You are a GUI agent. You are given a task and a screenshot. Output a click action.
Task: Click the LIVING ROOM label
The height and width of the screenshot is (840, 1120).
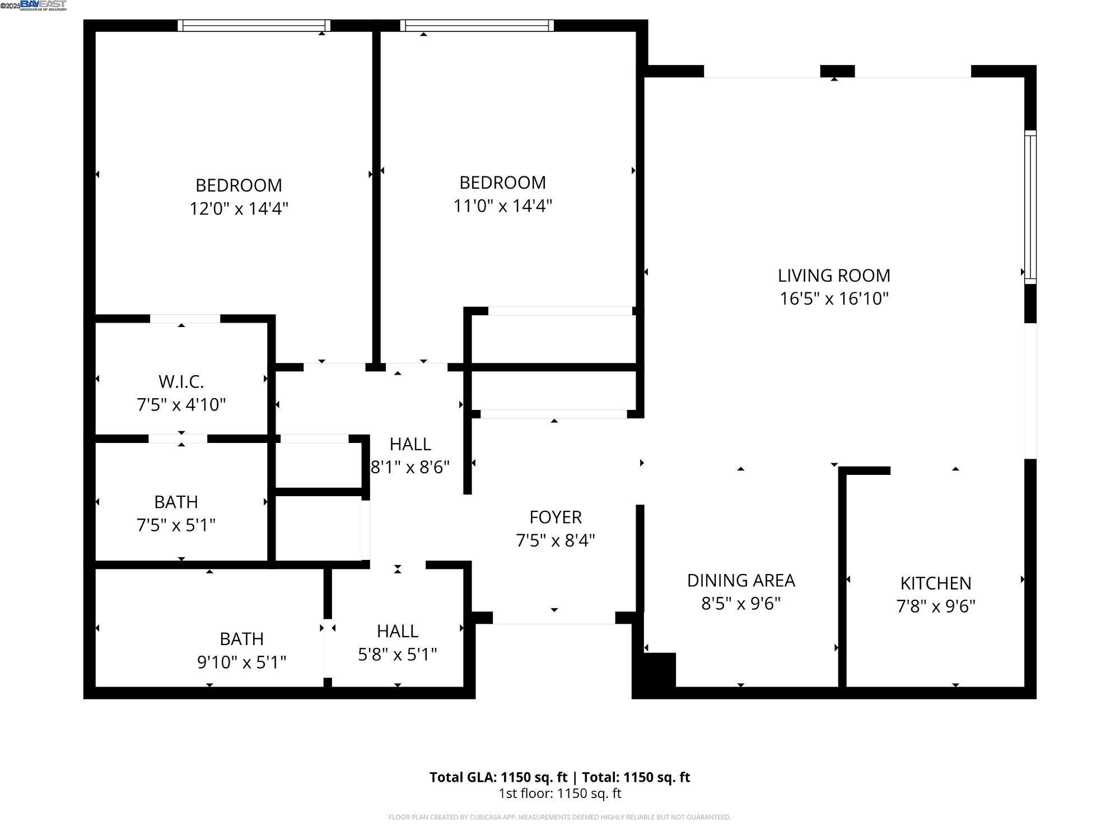click(x=833, y=276)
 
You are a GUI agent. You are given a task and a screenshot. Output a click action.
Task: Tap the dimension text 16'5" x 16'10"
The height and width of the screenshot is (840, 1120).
click(x=833, y=299)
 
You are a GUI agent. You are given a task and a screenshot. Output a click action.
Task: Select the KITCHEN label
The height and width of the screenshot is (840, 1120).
click(x=935, y=584)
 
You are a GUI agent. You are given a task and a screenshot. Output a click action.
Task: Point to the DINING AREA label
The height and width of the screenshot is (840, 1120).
click(x=740, y=581)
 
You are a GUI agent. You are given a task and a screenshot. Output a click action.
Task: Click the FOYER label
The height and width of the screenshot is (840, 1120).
click(x=555, y=517)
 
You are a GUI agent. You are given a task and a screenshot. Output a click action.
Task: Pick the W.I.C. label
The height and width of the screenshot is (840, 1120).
click(x=181, y=382)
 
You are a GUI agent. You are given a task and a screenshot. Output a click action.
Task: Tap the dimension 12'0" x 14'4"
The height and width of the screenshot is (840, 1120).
click(x=239, y=209)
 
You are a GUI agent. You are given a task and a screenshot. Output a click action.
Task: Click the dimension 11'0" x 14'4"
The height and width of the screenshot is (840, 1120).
click(x=502, y=206)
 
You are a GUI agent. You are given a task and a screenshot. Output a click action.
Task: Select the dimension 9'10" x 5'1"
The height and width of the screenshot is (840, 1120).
click(x=241, y=662)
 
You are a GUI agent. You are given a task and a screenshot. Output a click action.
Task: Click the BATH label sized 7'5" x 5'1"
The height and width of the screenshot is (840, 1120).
click(x=176, y=502)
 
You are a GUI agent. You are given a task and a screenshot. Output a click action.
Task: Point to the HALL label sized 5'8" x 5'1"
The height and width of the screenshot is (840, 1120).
click(x=397, y=631)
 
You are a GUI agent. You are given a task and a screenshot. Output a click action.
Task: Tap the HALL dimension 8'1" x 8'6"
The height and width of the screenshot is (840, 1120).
click(x=410, y=467)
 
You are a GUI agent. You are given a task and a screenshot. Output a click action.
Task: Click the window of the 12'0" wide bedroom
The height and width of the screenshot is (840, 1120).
click(x=254, y=26)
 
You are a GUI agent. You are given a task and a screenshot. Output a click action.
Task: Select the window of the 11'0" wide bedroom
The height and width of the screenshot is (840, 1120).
click(x=477, y=26)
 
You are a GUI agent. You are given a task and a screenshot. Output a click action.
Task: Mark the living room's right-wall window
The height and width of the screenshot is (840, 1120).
click(x=1030, y=207)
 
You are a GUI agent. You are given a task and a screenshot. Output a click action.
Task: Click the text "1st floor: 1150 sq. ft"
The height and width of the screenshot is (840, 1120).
click(x=559, y=794)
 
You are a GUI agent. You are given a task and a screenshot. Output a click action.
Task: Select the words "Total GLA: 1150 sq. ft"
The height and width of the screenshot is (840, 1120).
click(x=498, y=777)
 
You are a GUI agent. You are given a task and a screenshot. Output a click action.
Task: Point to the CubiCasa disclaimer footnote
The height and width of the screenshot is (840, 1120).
click(x=559, y=818)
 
